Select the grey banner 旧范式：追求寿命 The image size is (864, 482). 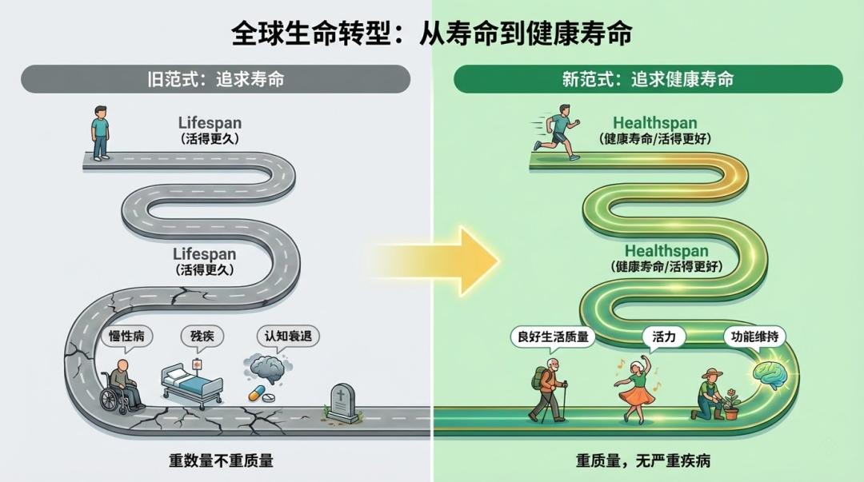pyautogui.click(x=215, y=79)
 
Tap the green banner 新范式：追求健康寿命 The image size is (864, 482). pyautogui.click(x=648, y=79)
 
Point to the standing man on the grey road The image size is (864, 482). pyautogui.click(x=100, y=133)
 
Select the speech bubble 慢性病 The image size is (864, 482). pyautogui.click(x=125, y=337)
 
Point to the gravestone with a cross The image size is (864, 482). pyautogui.click(x=341, y=402)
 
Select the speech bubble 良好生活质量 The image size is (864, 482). pyautogui.click(x=550, y=337)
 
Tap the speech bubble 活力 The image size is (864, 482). pyautogui.click(x=664, y=337)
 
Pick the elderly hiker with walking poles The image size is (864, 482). pyautogui.click(x=548, y=392)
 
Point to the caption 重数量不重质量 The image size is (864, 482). pyautogui.click(x=221, y=460)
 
